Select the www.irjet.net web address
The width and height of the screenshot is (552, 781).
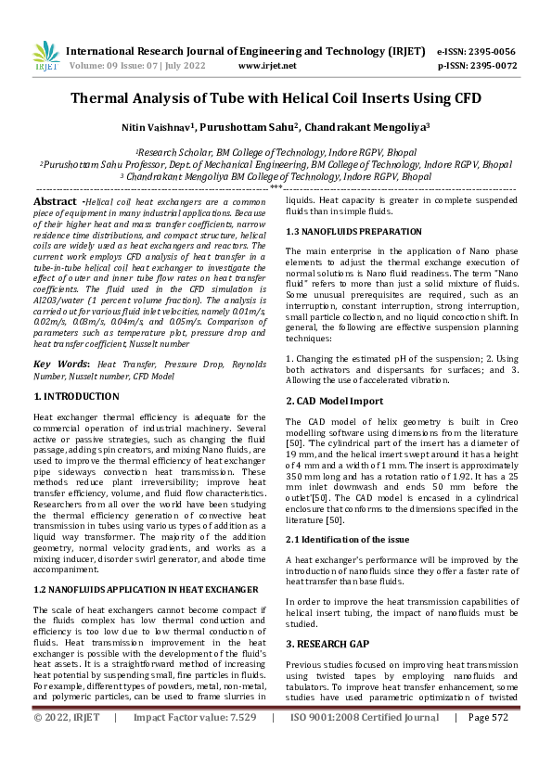pyautogui.click(x=267, y=66)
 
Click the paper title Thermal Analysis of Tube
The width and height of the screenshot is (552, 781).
pyautogui.click(x=276, y=97)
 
